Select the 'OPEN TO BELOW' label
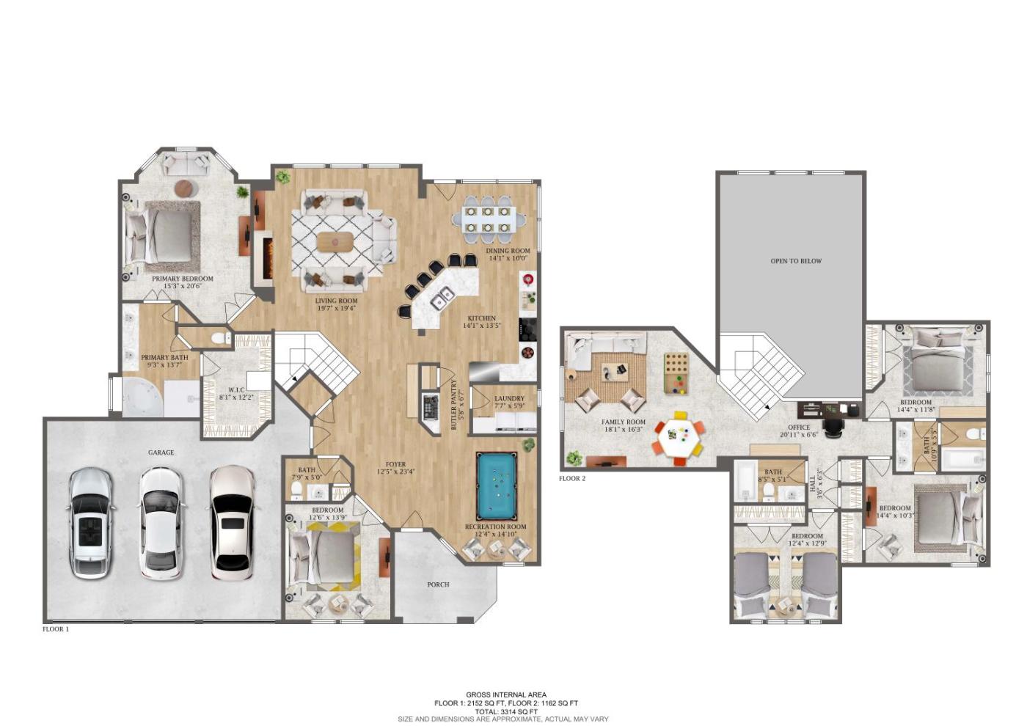pos(796,261)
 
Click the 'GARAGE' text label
pos(161,453)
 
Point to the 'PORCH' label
pos(439,584)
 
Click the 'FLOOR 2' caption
pos(572,479)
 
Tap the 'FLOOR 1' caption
pos(56,629)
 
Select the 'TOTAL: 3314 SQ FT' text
pos(506,712)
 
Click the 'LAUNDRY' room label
pos(509,399)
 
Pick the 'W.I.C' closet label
pos(236,390)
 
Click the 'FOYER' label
pos(395,464)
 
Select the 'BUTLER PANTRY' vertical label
pos(454,405)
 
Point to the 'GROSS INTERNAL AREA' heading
pos(506,695)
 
